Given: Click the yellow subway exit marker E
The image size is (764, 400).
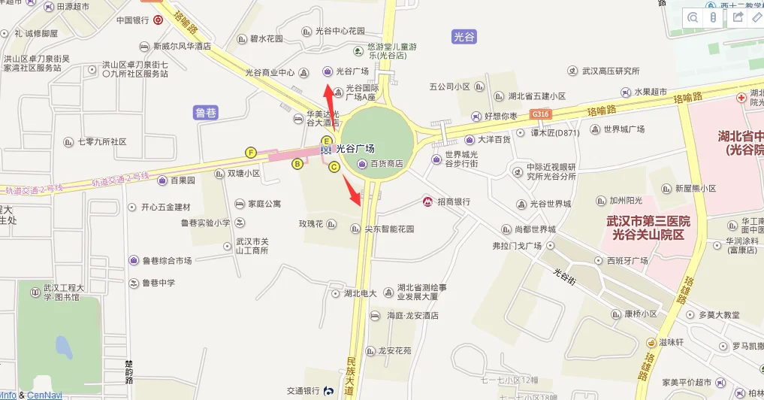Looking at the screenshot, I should tap(326, 141).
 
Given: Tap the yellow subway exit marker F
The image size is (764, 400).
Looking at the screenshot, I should tap(251, 153).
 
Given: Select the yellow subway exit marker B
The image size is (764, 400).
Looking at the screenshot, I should tap(297, 163).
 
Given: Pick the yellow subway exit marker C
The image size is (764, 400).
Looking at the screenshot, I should tap(334, 168).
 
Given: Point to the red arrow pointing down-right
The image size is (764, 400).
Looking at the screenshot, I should tap(352, 189).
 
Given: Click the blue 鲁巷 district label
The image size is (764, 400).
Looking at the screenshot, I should tap(205, 113).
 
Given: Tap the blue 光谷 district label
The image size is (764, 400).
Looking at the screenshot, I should tap(465, 36).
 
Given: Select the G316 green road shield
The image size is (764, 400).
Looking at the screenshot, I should tap(539, 114).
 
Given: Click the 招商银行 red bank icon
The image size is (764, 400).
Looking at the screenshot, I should tap(426, 202).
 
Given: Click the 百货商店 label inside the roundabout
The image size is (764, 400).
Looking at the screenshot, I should tap(386, 163).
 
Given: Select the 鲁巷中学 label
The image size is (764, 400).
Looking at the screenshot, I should tap(158, 283).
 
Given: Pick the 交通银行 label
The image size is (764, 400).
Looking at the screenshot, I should tap(303, 391).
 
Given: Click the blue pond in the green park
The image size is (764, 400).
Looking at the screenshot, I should tap(64, 348).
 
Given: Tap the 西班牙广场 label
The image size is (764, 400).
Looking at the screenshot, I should tap(627, 261).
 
